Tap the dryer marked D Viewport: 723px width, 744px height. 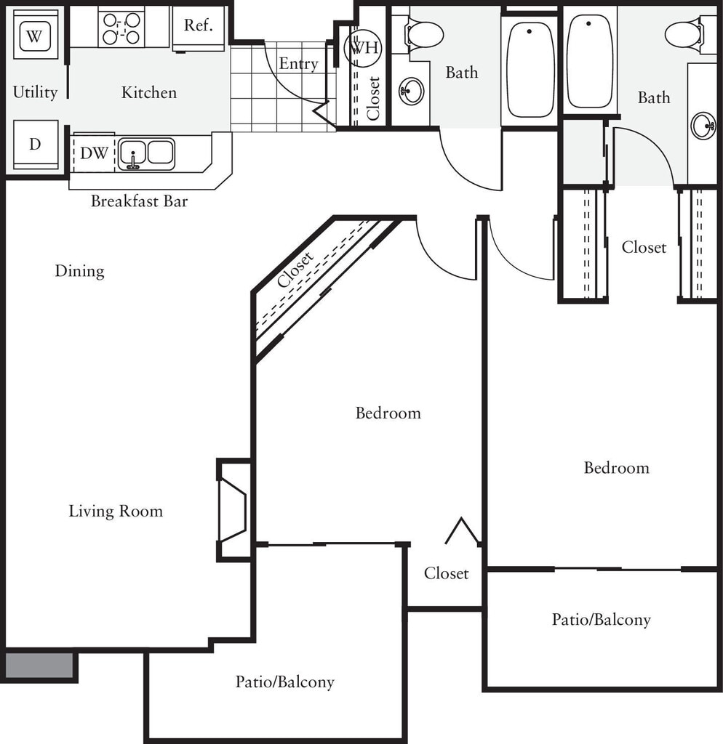point(36,145)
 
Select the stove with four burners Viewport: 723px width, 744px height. point(121,28)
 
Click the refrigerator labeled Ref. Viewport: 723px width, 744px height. point(198,28)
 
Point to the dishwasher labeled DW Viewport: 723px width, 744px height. point(94,153)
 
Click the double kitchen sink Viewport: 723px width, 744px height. point(146,154)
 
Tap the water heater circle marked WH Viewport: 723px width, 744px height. point(364,47)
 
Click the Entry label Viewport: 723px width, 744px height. point(298,64)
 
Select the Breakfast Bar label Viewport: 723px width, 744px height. point(139,201)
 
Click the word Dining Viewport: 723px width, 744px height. point(79,271)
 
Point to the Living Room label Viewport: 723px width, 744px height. point(116,511)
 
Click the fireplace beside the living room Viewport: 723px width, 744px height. point(233,510)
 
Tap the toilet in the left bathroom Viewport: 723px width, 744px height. point(423,34)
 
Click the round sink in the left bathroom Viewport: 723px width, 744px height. point(412,91)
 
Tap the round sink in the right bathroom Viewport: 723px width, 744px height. point(703,126)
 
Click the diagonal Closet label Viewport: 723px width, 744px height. point(295,270)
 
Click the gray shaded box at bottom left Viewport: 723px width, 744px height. point(39,666)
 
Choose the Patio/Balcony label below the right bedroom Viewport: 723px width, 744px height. point(601,620)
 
